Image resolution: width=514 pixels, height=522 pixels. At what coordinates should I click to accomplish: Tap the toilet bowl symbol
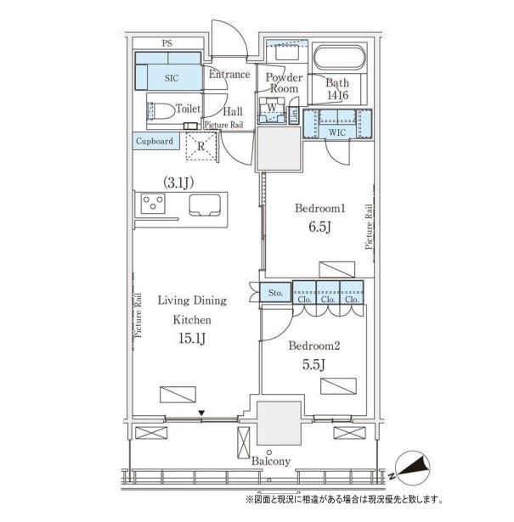point(161,110)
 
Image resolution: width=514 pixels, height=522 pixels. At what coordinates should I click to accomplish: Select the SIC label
point(172,78)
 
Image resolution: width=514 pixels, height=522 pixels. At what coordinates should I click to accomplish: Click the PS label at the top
point(167,43)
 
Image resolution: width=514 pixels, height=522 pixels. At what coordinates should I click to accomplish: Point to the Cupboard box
point(155,141)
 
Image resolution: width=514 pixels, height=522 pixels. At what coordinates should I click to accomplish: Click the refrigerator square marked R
point(201,146)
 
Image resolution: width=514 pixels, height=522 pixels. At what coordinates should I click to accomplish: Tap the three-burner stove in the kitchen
point(153,203)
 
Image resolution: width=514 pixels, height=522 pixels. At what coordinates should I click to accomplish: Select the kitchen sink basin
point(205,205)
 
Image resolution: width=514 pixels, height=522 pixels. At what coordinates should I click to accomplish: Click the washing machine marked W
point(272,109)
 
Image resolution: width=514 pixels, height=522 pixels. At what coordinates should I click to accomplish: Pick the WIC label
point(337,132)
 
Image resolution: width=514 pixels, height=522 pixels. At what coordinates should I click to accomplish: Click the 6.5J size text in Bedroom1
point(319,227)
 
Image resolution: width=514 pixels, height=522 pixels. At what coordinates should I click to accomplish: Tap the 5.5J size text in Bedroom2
point(313,365)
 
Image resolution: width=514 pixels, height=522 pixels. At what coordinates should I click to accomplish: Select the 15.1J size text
point(192,339)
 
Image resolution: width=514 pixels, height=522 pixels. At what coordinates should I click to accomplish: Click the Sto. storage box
point(275,293)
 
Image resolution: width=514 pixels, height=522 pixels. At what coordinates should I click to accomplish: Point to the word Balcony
point(271,462)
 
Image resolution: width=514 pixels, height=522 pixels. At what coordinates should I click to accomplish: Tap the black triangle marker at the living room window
point(201,413)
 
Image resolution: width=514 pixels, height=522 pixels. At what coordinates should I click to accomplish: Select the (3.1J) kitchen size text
point(178,182)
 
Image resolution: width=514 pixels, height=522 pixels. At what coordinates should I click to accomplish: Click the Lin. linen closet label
point(294,115)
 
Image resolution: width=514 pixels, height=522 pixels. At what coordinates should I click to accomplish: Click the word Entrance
point(229,74)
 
